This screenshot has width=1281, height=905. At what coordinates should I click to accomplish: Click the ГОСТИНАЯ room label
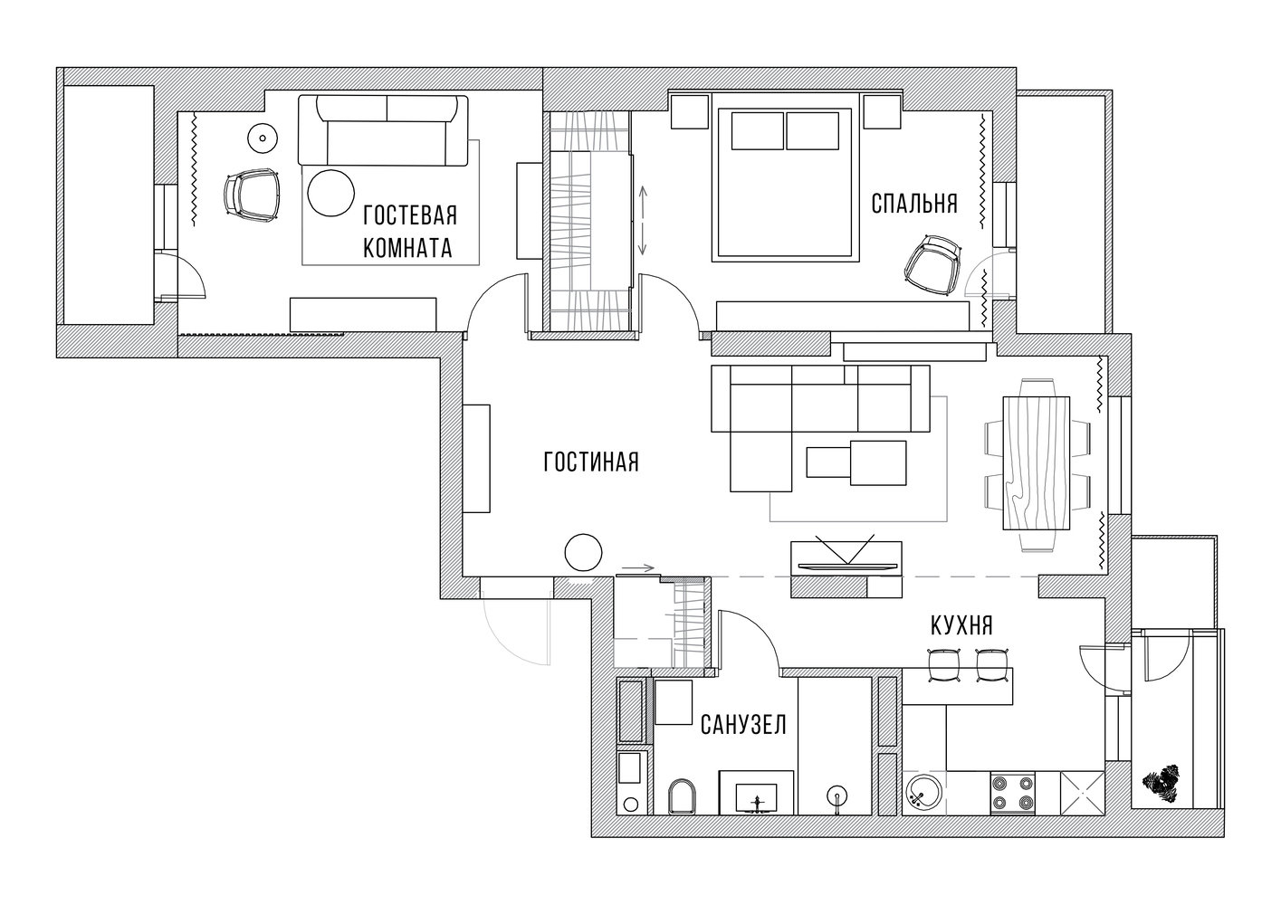point(591,462)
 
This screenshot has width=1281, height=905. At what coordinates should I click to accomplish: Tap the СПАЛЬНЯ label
point(914,204)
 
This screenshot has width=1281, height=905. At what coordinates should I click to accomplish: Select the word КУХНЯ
point(961,626)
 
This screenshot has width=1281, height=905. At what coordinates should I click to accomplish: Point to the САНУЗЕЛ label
point(743,725)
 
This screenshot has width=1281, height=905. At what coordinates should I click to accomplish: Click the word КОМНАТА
point(407,248)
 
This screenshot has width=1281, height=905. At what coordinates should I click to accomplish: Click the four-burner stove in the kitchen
point(1013,793)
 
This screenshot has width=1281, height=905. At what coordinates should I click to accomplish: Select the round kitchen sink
point(924,793)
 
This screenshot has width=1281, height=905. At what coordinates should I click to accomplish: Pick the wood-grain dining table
point(1037,463)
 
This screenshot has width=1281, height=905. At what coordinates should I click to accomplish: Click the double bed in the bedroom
point(786,177)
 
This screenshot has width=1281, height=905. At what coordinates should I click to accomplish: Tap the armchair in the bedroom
point(932,265)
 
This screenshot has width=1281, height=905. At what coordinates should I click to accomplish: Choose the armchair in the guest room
point(253,195)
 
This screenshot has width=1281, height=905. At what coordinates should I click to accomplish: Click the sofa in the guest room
point(383,131)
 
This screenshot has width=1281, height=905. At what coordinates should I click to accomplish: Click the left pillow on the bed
point(757,131)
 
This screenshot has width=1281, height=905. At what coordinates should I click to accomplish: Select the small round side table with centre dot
point(263,138)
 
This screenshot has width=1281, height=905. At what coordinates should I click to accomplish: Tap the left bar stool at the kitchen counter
point(944,665)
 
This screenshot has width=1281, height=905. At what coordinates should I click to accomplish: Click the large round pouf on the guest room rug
point(330,194)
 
